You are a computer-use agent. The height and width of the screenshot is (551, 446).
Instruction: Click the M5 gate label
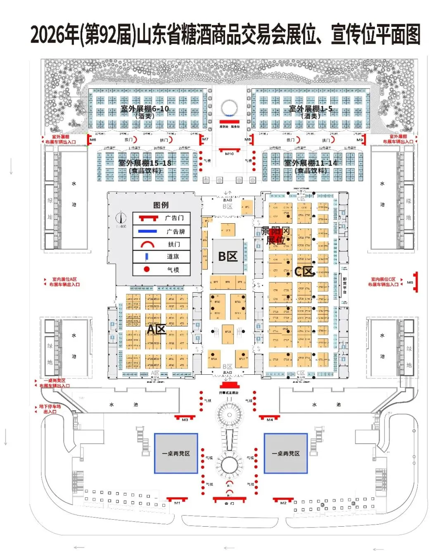tap(410, 283)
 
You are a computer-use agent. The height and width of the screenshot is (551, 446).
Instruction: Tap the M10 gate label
tap(229, 154)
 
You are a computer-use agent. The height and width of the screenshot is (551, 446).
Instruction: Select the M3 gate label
tap(185, 420)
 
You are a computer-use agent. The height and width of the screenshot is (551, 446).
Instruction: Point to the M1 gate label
tap(177, 503)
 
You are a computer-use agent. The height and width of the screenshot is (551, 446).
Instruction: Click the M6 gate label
tap(93, 140)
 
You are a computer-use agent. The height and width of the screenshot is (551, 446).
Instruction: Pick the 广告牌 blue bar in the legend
tap(147, 231)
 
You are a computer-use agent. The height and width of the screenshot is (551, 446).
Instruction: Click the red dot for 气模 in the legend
tap(147, 269)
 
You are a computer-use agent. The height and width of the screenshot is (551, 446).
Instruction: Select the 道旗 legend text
tap(173, 256)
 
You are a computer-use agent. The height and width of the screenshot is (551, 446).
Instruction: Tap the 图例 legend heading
tap(161, 205)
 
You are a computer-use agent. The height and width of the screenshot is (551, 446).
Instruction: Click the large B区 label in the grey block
tap(228, 256)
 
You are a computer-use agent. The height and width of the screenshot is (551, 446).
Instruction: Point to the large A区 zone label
tap(157, 329)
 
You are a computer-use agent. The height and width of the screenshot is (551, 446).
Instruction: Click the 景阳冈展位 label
tap(275, 235)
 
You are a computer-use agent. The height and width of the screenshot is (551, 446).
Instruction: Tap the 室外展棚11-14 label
tap(311, 163)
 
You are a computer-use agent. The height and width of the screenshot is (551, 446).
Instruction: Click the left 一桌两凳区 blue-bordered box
tap(176, 453)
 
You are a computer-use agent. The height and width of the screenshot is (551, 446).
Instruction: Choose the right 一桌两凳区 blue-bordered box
tap(286, 453)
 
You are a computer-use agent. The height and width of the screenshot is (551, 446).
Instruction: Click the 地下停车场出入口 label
tap(50, 409)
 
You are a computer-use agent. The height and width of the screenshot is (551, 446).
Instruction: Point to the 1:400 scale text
tap(121, 227)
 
